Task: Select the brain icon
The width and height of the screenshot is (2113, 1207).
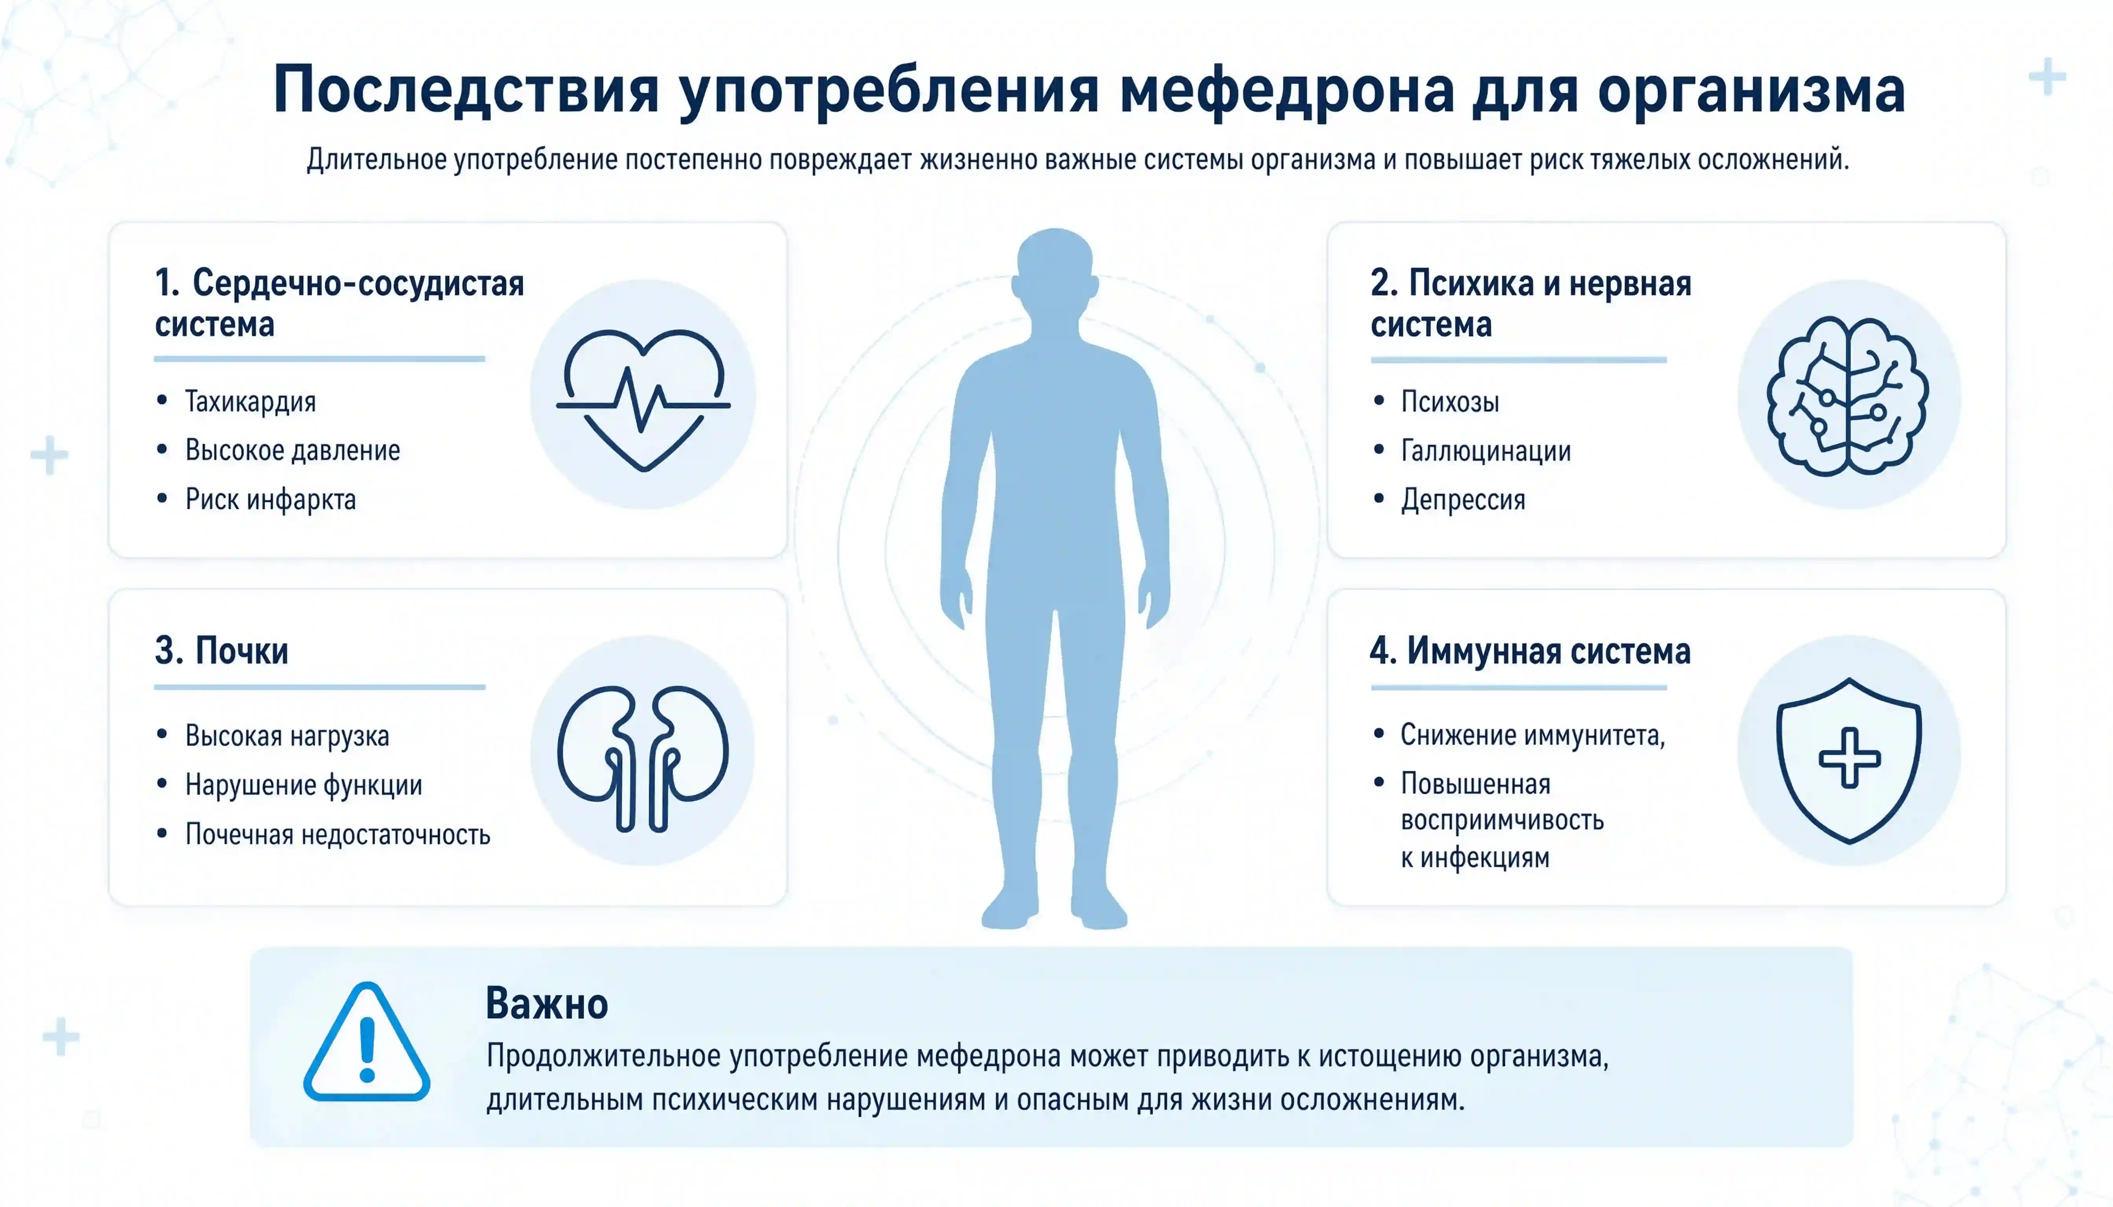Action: (1848, 395)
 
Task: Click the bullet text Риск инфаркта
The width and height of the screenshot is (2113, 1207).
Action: (270, 500)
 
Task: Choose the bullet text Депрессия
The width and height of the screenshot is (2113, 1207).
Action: (1463, 500)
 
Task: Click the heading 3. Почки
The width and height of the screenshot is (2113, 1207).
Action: (221, 651)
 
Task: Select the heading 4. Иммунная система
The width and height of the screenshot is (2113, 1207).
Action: (1530, 651)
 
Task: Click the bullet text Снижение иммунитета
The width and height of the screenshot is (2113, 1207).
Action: (1532, 734)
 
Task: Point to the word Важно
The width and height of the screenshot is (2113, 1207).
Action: (546, 1004)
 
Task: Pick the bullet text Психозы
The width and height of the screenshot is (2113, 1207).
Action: (1450, 402)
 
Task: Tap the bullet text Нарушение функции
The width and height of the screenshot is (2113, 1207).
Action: (303, 785)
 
